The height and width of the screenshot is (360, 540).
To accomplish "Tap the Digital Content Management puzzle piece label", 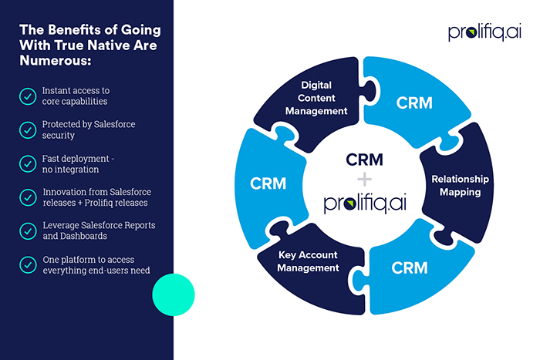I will (x=317, y=99).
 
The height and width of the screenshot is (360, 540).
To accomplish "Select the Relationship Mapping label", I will (x=460, y=185).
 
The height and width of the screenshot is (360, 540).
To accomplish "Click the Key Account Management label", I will (x=308, y=261).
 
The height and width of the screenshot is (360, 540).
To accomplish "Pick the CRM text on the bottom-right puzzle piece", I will (x=410, y=268).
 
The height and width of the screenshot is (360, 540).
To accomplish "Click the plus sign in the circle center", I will (x=365, y=179).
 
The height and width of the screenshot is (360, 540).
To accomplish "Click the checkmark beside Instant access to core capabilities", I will (x=27, y=96).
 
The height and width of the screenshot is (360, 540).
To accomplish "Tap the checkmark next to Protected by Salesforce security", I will (x=27, y=130).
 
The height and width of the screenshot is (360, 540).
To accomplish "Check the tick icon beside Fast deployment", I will (x=27, y=163).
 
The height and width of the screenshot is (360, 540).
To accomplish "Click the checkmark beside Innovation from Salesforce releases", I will (x=27, y=197).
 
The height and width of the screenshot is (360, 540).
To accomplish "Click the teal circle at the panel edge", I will (x=174, y=293).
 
